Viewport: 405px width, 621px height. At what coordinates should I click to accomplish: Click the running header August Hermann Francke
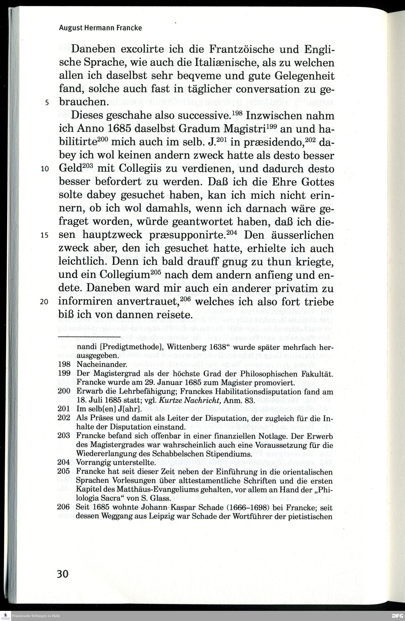point(100,28)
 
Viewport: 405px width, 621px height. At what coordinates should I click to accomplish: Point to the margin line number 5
point(47,102)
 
